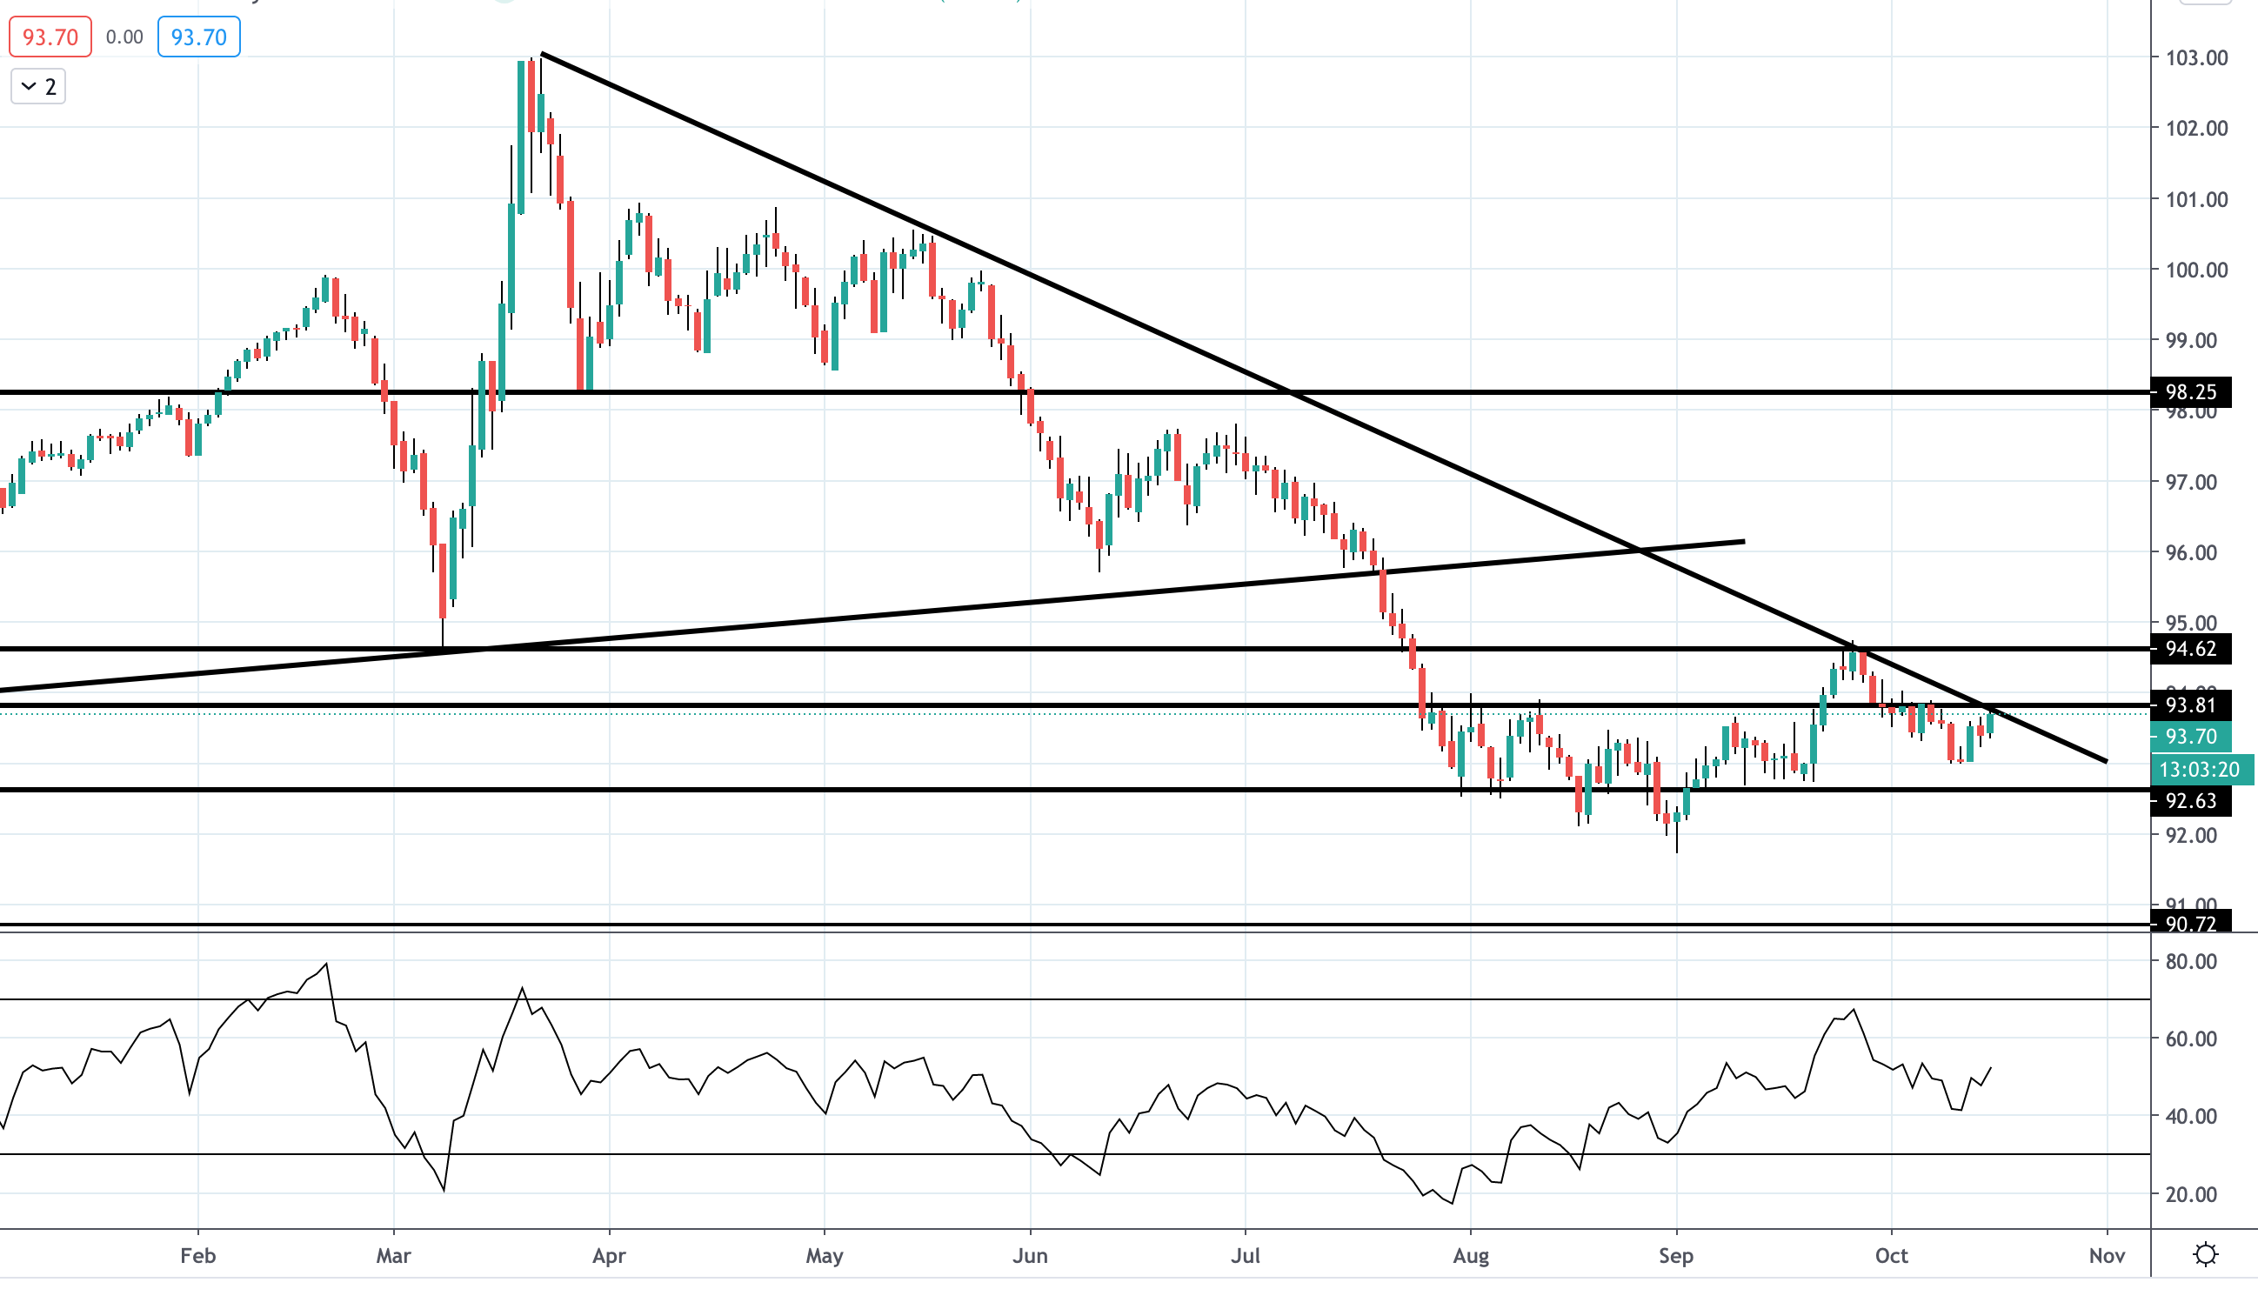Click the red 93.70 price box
point(50,37)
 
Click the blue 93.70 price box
point(198,37)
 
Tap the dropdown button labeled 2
point(38,87)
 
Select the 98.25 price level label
point(2190,392)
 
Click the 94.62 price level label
point(2190,649)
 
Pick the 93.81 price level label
point(2190,705)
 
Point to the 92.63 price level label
point(2190,801)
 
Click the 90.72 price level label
point(2190,924)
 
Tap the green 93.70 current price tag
point(2190,737)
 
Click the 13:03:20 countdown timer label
point(2199,771)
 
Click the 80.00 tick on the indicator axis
point(2190,961)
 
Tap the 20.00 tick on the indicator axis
point(2190,1194)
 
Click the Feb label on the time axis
point(197,1255)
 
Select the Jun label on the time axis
point(1031,1255)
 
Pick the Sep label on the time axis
point(1675,1255)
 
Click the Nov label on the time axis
point(2107,1255)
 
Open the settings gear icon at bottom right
point(2205,1254)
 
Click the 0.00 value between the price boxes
point(124,37)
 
